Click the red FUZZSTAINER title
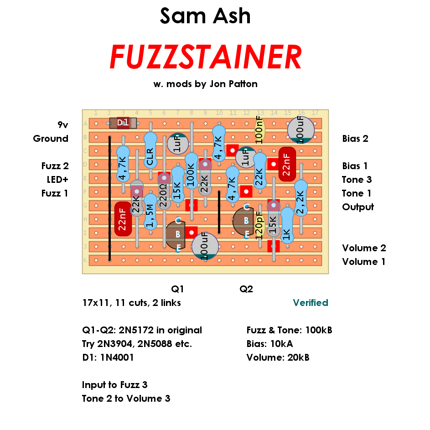click(x=206, y=57)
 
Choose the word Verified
click(x=311, y=303)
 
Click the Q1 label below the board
click(x=177, y=289)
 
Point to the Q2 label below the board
click(x=246, y=289)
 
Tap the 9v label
click(x=62, y=124)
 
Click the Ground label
click(x=51, y=138)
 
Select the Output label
click(x=358, y=207)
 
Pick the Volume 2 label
click(x=364, y=248)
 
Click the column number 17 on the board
click(x=315, y=113)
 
